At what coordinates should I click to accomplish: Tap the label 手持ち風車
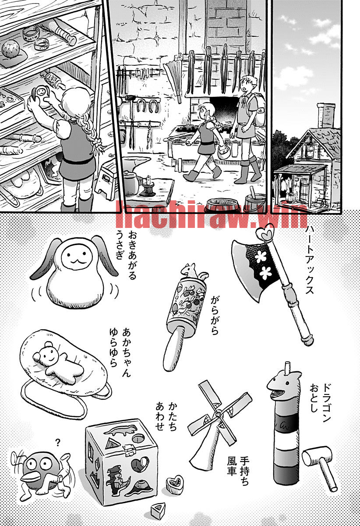coord(237,467)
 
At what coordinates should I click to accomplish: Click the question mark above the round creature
coord(58,442)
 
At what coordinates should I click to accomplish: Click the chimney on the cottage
coord(326,114)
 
